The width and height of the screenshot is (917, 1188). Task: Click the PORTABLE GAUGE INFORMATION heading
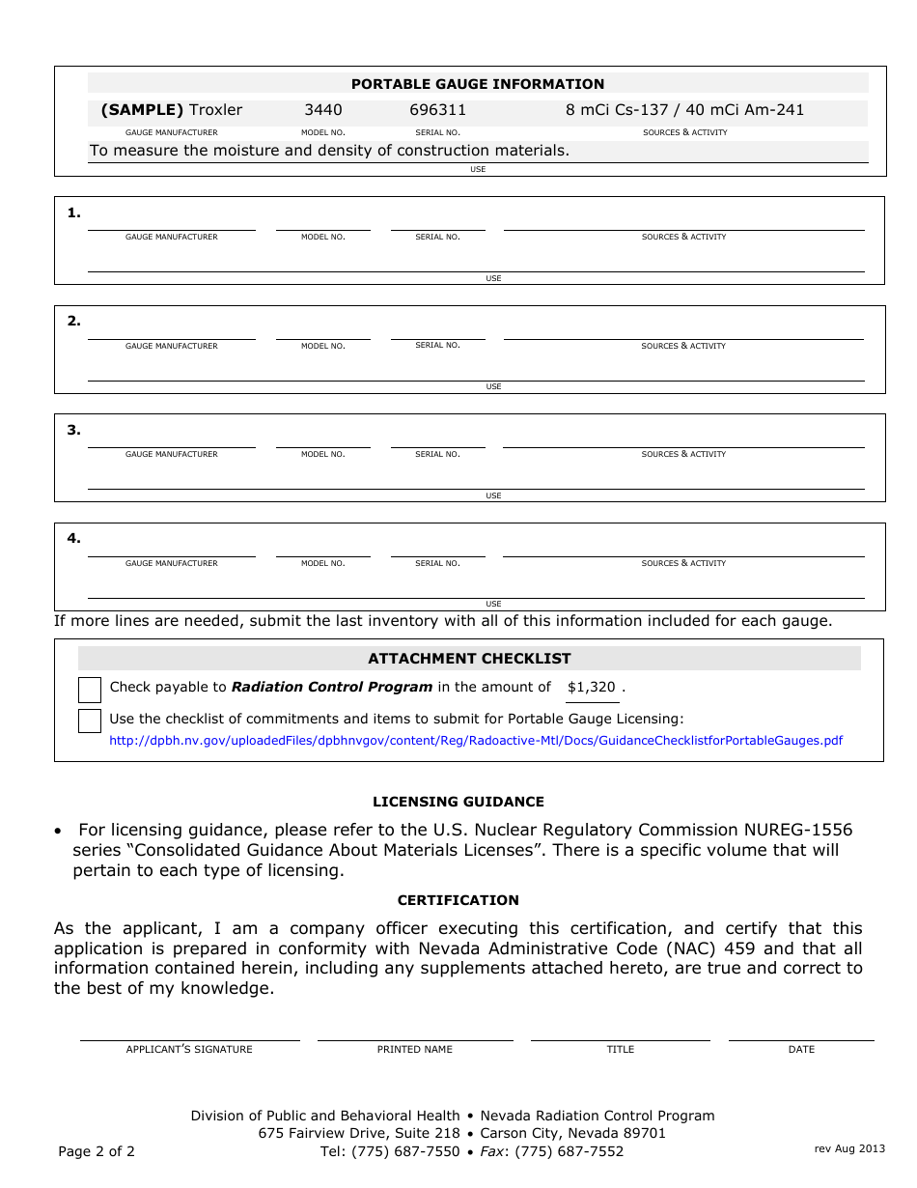click(x=477, y=84)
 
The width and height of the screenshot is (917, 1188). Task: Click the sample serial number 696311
click(x=437, y=110)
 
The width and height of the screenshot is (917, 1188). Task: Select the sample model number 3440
click(x=322, y=110)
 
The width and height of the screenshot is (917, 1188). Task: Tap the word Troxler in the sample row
click(x=215, y=110)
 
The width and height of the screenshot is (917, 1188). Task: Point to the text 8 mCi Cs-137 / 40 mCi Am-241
click(x=684, y=110)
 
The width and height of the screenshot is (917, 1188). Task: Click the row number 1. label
click(x=74, y=213)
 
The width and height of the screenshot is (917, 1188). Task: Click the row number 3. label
click(x=74, y=431)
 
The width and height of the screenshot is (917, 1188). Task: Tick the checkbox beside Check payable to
click(x=90, y=690)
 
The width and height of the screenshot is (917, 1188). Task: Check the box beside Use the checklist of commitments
click(x=90, y=721)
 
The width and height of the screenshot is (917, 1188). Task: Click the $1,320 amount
click(x=591, y=688)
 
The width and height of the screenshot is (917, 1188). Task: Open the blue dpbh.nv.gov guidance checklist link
click(x=476, y=741)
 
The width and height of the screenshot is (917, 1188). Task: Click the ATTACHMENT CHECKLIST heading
click(x=469, y=659)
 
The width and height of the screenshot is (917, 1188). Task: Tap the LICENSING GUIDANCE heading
click(x=458, y=802)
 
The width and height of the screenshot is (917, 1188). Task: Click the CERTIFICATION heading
click(x=458, y=900)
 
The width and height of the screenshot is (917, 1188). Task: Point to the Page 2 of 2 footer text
click(x=97, y=1151)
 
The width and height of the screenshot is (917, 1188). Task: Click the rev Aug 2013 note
click(x=849, y=1148)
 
